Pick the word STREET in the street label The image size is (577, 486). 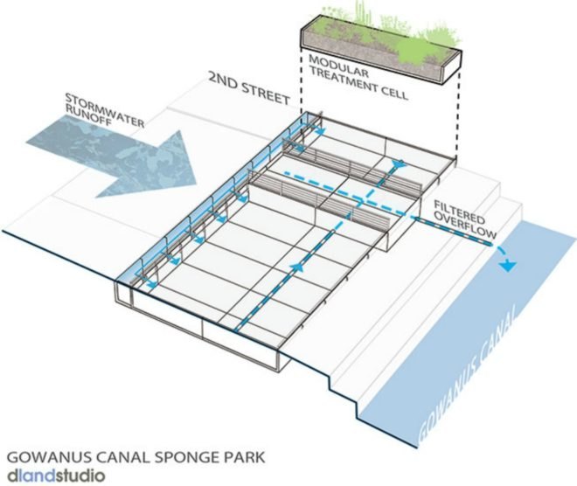(264, 88)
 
